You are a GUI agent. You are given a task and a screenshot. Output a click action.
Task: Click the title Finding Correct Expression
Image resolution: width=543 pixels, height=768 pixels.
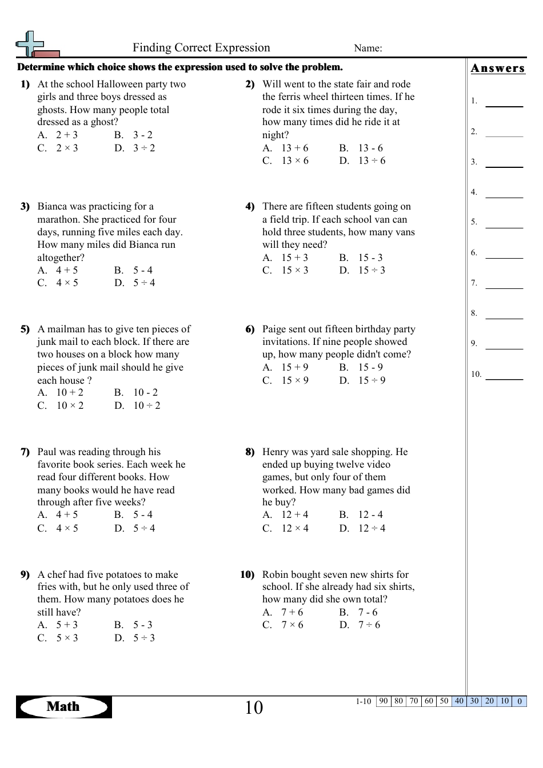pyautogui.click(x=201, y=48)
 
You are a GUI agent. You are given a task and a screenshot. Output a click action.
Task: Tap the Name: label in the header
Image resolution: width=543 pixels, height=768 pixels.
pyautogui.click(x=368, y=49)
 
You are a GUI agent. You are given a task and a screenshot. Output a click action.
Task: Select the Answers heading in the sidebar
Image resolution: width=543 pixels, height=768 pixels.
pyautogui.click(x=497, y=69)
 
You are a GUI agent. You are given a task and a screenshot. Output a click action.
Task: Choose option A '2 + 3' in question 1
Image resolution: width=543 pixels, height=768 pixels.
pyautogui.click(x=66, y=135)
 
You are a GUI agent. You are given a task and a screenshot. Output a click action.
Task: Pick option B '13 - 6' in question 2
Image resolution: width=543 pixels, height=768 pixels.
pyautogui.click(x=370, y=148)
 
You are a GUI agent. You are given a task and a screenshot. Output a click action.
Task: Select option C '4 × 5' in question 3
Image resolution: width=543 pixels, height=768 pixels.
pyautogui.click(x=66, y=283)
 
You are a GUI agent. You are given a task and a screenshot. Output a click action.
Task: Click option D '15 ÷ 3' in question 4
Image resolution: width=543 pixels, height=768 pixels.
pyautogui.click(x=372, y=271)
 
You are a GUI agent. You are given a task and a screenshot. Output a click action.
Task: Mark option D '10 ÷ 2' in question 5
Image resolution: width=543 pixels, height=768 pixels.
pyautogui.click(x=146, y=406)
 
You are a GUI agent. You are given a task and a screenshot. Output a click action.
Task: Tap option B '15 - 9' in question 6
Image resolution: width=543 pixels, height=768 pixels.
pyautogui.click(x=370, y=368)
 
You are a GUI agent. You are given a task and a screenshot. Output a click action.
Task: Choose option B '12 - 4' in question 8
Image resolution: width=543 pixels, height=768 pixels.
pyautogui.click(x=370, y=515)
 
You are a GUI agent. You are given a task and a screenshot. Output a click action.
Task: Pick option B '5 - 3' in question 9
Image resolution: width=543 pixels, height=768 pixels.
pyautogui.click(x=143, y=625)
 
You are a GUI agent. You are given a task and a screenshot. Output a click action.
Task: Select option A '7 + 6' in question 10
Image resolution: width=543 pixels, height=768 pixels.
pyautogui.click(x=292, y=613)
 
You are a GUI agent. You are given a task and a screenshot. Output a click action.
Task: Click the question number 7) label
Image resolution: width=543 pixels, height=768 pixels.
pyautogui.click(x=25, y=452)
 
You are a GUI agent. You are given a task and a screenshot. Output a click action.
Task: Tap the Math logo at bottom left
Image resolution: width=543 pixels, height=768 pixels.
pyautogui.click(x=63, y=707)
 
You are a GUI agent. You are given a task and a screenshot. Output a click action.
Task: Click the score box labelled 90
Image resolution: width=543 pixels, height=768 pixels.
pyautogui.click(x=384, y=701)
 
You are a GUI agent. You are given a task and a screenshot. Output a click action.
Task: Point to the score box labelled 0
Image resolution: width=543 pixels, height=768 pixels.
pyautogui.click(x=519, y=701)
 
